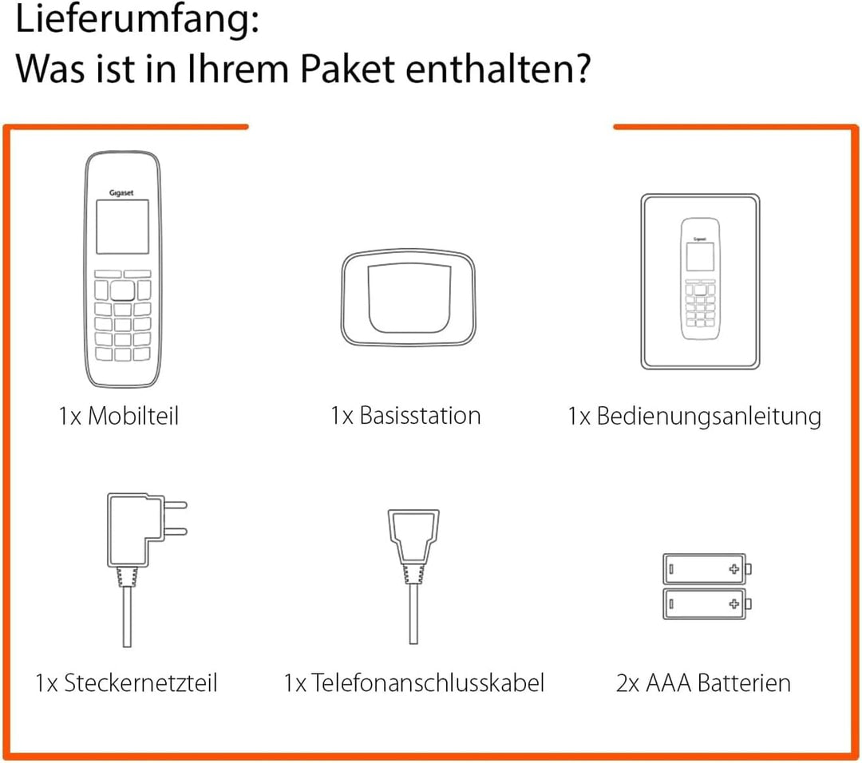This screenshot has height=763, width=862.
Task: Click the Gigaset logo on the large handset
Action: [x=122, y=193]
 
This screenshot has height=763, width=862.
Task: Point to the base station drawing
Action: [x=409, y=294]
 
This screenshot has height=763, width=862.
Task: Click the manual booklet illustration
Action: [x=700, y=282]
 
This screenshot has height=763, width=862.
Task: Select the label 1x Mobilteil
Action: [x=118, y=416]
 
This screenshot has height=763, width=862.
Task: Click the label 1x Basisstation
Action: [x=405, y=416]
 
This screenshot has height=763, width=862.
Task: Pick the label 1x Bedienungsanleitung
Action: [x=694, y=416]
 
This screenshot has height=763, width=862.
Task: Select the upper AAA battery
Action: [x=706, y=570]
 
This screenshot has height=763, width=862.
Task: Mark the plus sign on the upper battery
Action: [x=733, y=570]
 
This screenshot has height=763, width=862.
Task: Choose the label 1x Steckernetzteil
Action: [x=126, y=683]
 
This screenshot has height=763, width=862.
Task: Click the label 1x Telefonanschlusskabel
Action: [x=414, y=683]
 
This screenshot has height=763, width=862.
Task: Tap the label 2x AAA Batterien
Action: [x=703, y=683]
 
